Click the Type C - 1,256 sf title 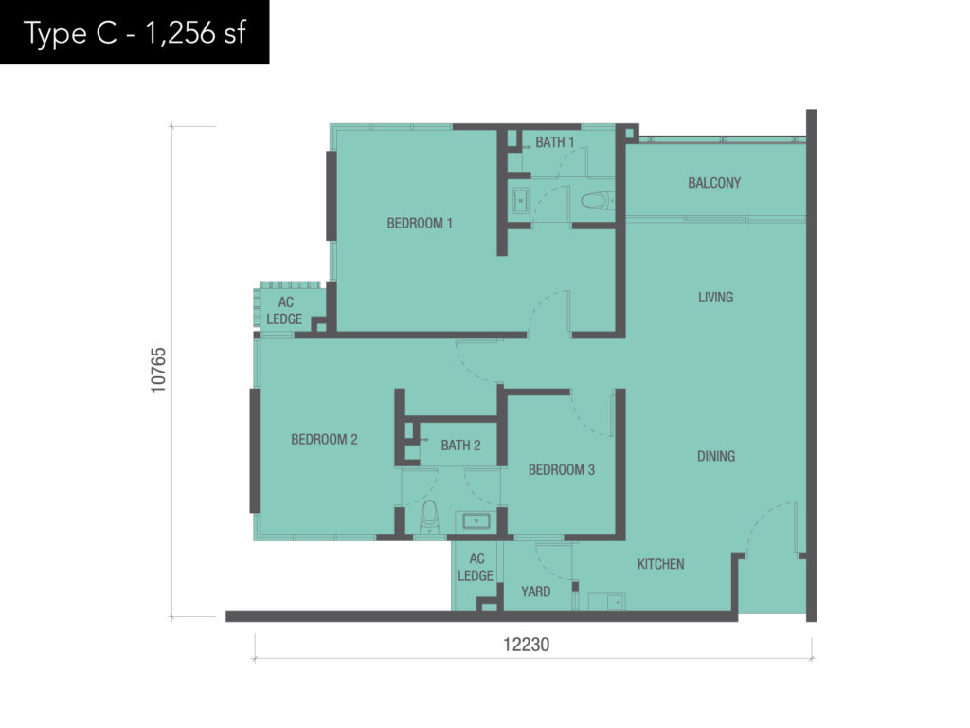coord(135,33)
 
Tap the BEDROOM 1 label coord(420,223)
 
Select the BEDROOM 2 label coord(324,440)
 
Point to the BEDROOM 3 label coord(561,470)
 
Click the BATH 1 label coord(555,142)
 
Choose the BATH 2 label coord(460,446)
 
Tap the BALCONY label coord(714,183)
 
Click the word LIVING coord(715,297)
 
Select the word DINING coord(716,456)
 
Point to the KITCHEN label coord(660,564)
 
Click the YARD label coord(535,591)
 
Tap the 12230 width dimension coord(526,645)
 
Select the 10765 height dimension coord(158,370)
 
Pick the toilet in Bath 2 coord(429,517)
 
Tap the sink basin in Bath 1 coord(520,201)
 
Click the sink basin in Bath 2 coord(476,521)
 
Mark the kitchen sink coord(607,602)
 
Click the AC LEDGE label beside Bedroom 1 coord(284,311)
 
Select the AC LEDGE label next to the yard coord(476,567)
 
